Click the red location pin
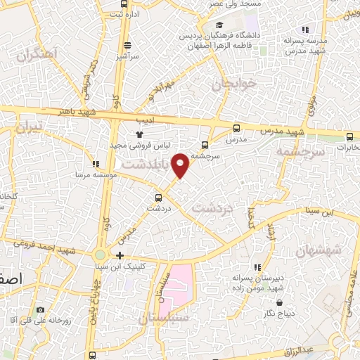tap(181, 165)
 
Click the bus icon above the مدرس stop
tap(236, 129)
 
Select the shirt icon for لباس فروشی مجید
tap(139, 134)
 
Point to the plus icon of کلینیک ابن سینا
tap(120, 255)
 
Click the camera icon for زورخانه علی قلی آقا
tap(40, 310)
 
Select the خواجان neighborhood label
tap(231, 84)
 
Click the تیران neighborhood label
tap(30, 127)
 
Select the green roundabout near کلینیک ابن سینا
tap(101, 255)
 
